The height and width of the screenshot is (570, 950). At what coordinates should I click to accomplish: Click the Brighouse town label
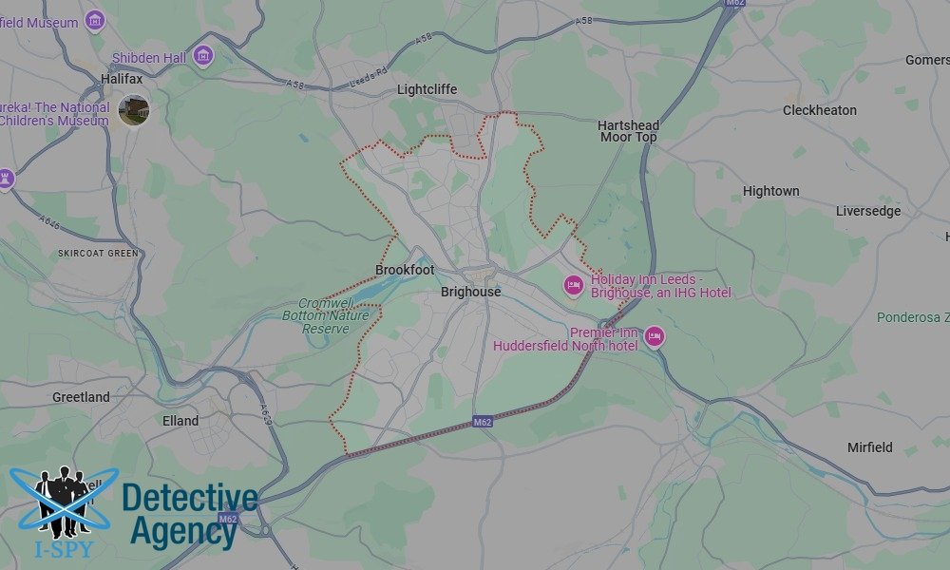tap(470, 292)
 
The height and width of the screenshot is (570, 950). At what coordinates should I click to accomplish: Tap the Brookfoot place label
tap(405, 271)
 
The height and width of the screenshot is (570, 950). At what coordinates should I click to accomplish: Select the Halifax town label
tap(122, 79)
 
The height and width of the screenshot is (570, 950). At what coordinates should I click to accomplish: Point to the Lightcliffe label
tap(427, 89)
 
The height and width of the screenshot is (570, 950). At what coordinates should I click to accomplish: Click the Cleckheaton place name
tap(819, 110)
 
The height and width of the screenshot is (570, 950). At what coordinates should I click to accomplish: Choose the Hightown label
tap(770, 191)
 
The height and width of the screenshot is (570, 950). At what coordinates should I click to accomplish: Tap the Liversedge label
tap(867, 211)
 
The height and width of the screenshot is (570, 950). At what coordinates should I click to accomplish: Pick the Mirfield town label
tap(869, 446)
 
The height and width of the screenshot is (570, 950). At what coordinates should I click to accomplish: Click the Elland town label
tap(180, 420)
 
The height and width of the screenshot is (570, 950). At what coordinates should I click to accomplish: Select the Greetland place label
tap(81, 397)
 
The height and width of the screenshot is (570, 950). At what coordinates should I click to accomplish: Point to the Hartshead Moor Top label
tap(628, 131)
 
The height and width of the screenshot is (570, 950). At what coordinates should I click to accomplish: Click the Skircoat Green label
tap(98, 254)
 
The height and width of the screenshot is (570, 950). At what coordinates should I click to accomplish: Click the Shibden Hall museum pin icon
tap(202, 57)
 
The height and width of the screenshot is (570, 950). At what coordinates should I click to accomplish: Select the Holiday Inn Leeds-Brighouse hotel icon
tap(573, 285)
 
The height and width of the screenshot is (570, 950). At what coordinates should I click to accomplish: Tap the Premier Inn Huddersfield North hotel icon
tap(654, 336)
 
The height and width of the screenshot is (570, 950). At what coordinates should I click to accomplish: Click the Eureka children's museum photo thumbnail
tap(134, 110)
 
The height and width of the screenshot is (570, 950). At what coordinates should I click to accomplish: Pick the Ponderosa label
tap(911, 316)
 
